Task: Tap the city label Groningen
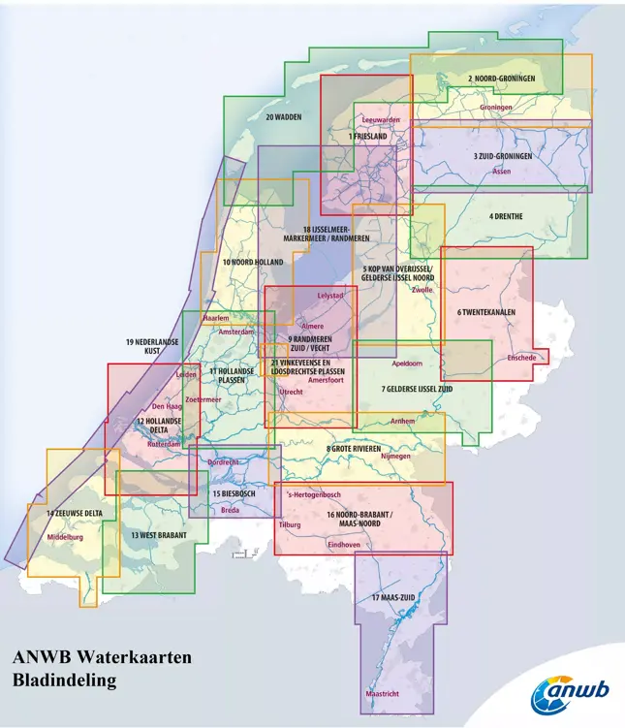point(495,108)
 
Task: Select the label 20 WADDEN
point(283,117)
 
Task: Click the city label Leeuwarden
point(380,120)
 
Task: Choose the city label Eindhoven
point(344,545)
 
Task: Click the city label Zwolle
point(422,290)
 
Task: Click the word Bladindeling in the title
point(65,681)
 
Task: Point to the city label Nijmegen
point(395,456)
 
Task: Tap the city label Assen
point(501,172)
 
